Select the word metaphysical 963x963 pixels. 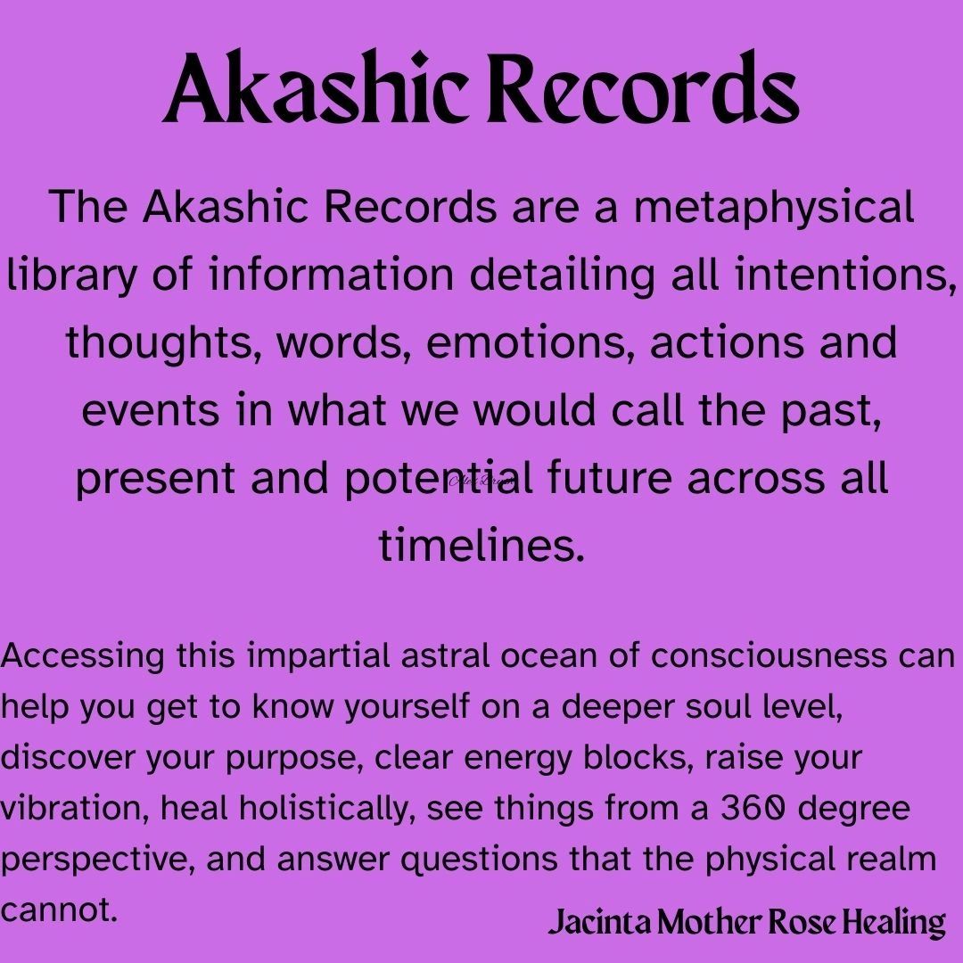[x=774, y=208]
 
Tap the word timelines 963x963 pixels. [x=481, y=546]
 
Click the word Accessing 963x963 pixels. [x=82, y=656]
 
